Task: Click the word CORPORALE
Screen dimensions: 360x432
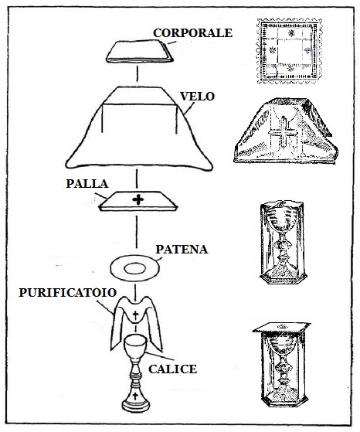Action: point(192,33)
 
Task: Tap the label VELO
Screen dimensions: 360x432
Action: point(197,97)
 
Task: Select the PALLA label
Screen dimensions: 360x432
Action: point(87,184)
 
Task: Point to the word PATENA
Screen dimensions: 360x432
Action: point(182,250)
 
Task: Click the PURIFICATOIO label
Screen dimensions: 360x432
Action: point(68,293)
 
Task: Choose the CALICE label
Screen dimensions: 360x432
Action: point(173,369)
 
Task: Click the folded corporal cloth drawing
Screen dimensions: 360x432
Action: point(140,51)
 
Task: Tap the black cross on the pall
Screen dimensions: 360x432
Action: point(138,199)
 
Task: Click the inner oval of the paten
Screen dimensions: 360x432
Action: point(134,269)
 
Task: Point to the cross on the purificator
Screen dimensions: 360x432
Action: point(135,315)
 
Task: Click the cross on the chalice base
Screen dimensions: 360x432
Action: point(135,396)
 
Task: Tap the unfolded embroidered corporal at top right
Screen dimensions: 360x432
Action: point(289,51)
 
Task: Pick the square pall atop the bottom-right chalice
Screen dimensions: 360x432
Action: point(281,328)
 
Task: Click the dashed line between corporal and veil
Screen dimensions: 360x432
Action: point(137,73)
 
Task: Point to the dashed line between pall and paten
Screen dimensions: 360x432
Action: point(136,232)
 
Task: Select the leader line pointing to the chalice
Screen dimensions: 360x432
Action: point(160,356)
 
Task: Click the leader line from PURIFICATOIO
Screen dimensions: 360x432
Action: point(105,307)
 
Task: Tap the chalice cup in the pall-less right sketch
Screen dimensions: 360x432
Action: point(282,219)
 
